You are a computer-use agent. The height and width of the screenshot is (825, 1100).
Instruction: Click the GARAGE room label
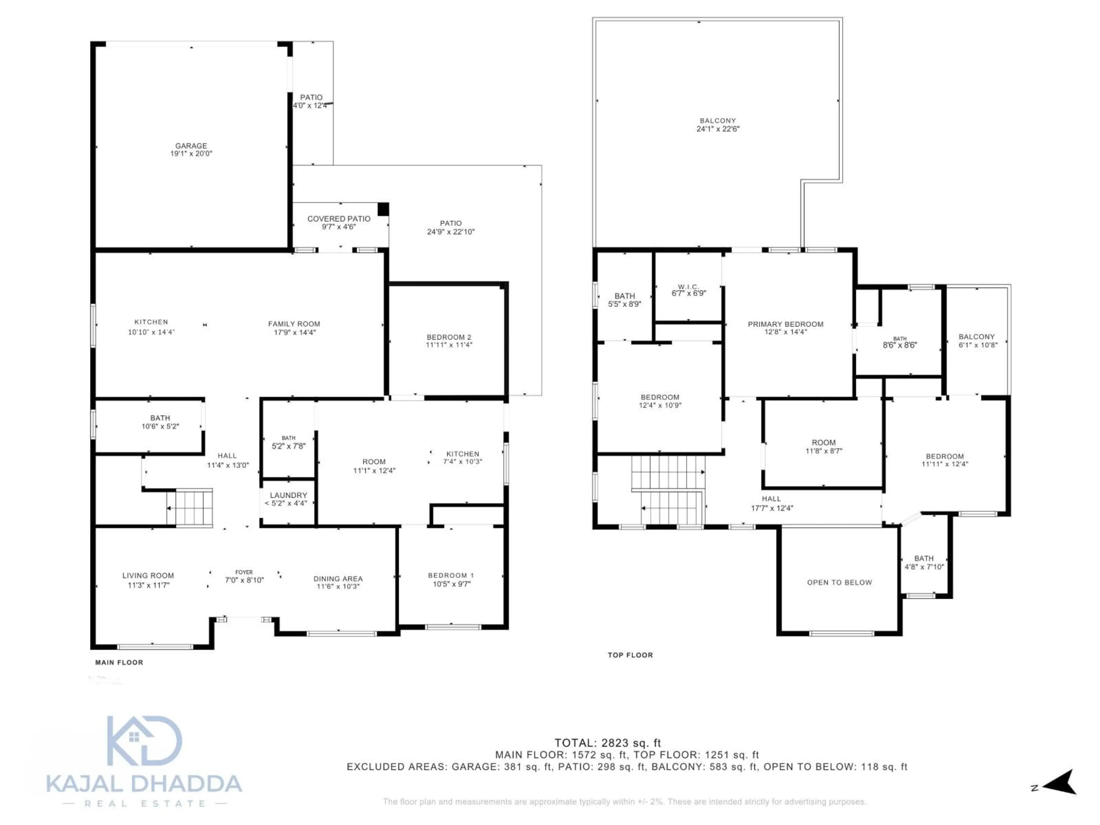pyautogui.click(x=191, y=146)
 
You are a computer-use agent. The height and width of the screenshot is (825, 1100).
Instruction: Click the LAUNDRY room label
pyautogui.click(x=288, y=495)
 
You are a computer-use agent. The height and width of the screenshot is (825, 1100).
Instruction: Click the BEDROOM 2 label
pyautogui.click(x=449, y=337)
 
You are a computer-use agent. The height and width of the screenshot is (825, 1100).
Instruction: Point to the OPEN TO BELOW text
pyautogui.click(x=839, y=582)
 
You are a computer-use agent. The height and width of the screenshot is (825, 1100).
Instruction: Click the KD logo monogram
pyautogui.click(x=144, y=741)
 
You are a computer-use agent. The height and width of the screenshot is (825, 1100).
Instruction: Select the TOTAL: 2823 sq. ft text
pyautogui.click(x=607, y=743)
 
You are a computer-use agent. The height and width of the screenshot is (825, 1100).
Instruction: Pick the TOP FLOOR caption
pyautogui.click(x=630, y=655)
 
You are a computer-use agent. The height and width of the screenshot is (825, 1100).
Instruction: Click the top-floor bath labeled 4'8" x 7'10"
pyautogui.click(x=924, y=562)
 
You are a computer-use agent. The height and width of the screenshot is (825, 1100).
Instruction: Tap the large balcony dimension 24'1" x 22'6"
pyautogui.click(x=718, y=129)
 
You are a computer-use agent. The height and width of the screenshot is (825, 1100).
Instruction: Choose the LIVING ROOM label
pyautogui.click(x=148, y=575)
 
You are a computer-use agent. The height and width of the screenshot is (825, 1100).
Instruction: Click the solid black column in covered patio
pyautogui.click(x=383, y=209)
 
